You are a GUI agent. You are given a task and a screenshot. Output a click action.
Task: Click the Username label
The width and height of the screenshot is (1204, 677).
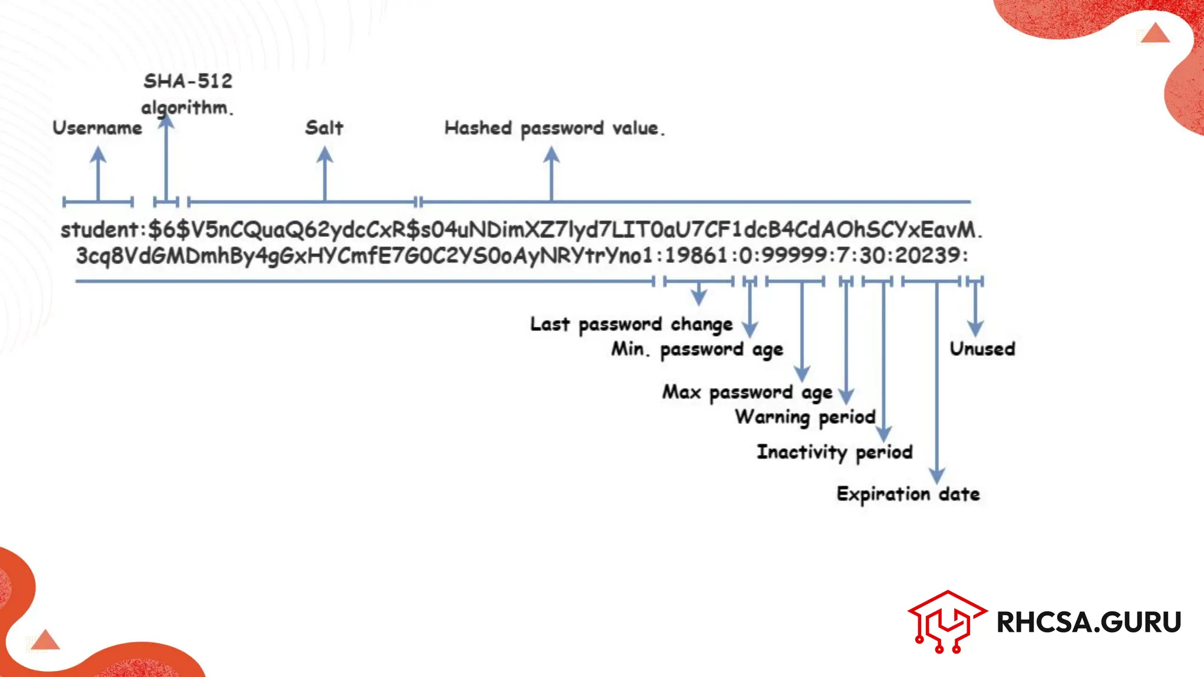pyautogui.click(x=97, y=128)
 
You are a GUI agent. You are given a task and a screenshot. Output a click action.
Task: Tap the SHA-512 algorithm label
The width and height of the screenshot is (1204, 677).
pyautogui.click(x=188, y=94)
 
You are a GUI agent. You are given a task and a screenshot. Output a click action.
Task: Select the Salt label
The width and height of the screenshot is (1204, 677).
pyautogui.click(x=324, y=128)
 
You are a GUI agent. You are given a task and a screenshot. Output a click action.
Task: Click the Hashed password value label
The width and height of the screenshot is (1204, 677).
pyautogui.click(x=554, y=128)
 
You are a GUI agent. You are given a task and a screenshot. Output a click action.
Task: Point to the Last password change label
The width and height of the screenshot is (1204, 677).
pyautogui.click(x=631, y=324)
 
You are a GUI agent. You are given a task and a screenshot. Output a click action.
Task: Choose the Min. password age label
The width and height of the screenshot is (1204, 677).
pyautogui.click(x=697, y=350)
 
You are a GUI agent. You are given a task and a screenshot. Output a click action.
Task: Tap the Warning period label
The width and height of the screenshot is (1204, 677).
pyautogui.click(x=805, y=417)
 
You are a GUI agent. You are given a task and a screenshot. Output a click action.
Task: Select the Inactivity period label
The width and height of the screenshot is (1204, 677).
pyautogui.click(x=834, y=452)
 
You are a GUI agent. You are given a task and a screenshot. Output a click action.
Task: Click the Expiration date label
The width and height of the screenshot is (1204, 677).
pyautogui.click(x=908, y=494)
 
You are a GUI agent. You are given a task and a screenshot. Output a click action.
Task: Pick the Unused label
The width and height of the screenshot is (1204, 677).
pyautogui.click(x=982, y=349)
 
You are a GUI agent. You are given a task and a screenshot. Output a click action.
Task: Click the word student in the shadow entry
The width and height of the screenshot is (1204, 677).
pyautogui.click(x=99, y=230)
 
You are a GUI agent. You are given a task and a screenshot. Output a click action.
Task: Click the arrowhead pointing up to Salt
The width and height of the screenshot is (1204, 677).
pyautogui.click(x=325, y=155)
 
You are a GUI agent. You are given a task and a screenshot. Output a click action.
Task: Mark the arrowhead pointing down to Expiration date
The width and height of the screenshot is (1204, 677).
pyautogui.click(x=937, y=475)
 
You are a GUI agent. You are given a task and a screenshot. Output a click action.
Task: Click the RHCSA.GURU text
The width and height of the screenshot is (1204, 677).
pyautogui.click(x=1088, y=622)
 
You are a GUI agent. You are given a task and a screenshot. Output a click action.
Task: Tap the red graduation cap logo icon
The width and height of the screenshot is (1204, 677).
pyautogui.click(x=947, y=621)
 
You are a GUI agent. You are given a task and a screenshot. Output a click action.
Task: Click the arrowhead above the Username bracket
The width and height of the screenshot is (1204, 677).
pyautogui.click(x=98, y=155)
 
